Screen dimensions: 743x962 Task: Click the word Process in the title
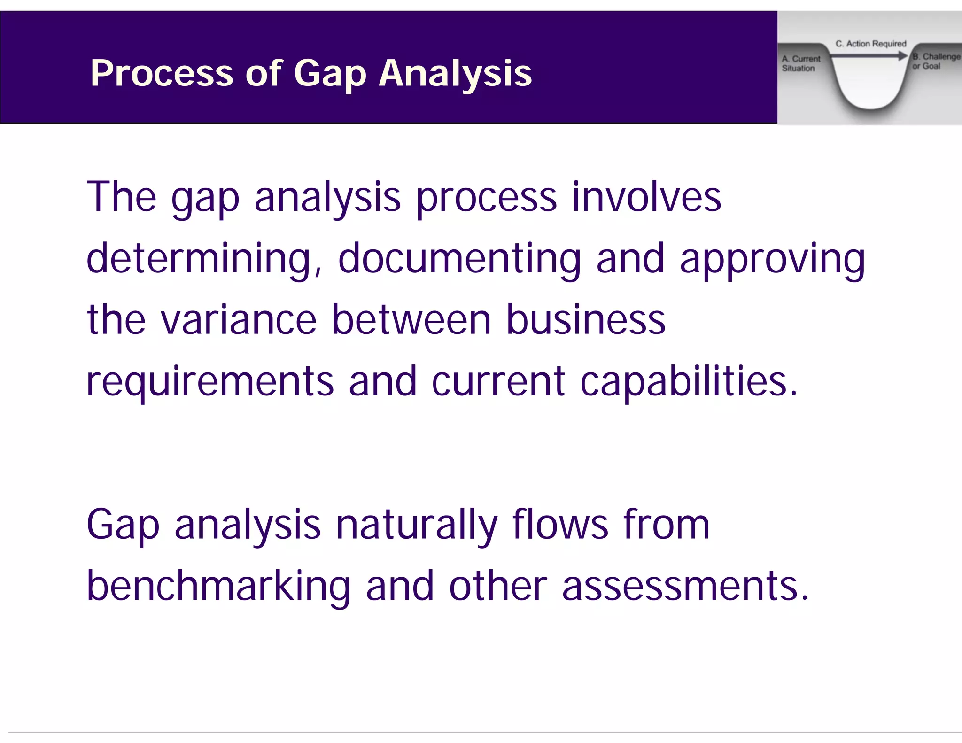coord(162,73)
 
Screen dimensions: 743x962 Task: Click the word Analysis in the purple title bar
coord(455,73)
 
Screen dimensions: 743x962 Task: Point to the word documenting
coord(459,259)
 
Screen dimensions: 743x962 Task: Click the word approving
coord(772,259)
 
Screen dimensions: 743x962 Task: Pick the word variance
coord(239,320)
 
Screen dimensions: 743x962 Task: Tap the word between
coord(411,320)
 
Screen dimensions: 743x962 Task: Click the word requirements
coord(210,381)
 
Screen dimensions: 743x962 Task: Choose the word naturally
coord(416,525)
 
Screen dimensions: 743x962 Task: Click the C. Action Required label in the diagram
coord(870,44)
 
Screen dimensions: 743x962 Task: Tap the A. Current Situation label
coord(800,63)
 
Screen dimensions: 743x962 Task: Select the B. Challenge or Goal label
coord(935,61)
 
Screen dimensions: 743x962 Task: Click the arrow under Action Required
coord(869,56)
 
